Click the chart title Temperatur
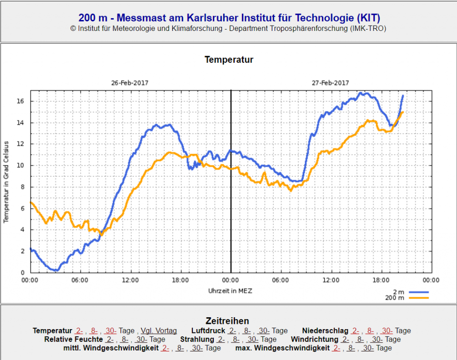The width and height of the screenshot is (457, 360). (x=229, y=59)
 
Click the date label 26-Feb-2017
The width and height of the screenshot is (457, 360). (x=130, y=83)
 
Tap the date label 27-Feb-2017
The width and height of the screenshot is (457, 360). (x=330, y=83)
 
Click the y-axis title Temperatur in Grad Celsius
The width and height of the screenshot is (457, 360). (x=6, y=182)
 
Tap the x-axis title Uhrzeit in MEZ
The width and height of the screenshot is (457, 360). (x=230, y=290)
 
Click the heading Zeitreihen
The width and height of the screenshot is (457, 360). (x=227, y=321)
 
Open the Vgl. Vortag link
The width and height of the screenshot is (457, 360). (x=159, y=331)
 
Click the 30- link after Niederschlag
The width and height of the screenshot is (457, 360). (x=387, y=331)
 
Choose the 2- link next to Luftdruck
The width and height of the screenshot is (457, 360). (x=232, y=331)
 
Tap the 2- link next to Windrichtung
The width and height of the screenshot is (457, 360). (x=346, y=339)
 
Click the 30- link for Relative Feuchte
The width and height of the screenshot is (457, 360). (x=141, y=339)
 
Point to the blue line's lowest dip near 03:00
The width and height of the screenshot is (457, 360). (x=56, y=270)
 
